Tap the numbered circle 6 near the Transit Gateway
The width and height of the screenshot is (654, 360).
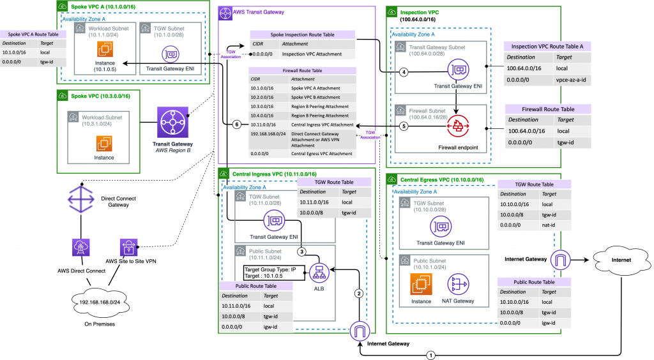237,124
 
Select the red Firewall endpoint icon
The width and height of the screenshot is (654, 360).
457,127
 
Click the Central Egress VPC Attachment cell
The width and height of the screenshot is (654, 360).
317,153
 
